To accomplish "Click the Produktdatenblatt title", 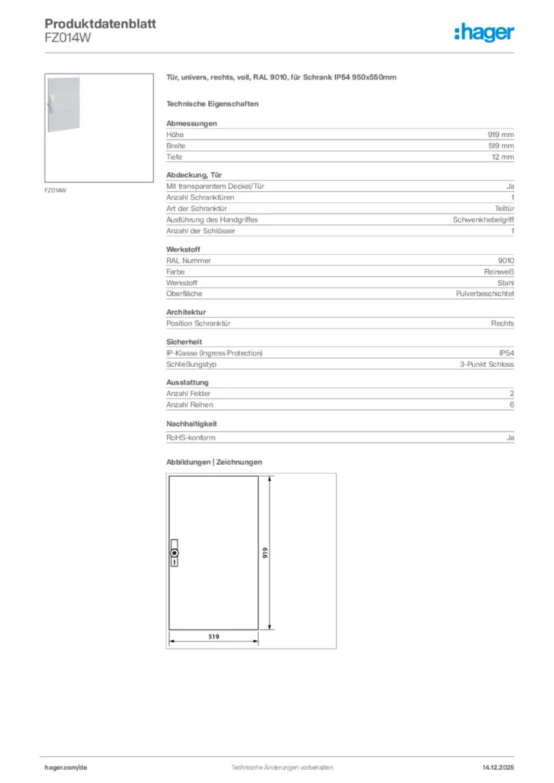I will (100, 24).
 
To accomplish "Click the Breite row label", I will (176, 145).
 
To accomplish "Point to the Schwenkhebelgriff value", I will (484, 219).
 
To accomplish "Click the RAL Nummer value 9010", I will (506, 260).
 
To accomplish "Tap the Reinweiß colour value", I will (498, 271).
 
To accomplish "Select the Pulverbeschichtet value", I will (485, 294).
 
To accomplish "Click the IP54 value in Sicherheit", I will (506, 353).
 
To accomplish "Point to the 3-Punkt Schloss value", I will (487, 364).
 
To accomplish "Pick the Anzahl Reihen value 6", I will (511, 404).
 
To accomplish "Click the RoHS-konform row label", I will (191, 437).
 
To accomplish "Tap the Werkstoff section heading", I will (184, 249).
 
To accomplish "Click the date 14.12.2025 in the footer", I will (498, 767).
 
